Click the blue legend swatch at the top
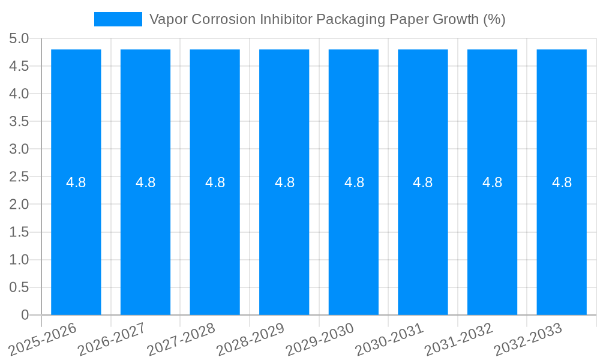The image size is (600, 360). tap(118, 19)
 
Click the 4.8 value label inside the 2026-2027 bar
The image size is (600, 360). tap(146, 182)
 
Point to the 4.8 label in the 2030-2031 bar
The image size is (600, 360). tap(423, 182)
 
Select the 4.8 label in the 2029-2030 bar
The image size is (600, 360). tap(354, 182)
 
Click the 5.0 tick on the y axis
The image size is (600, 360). tap(19, 38)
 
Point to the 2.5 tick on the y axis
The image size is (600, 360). tap(19, 176)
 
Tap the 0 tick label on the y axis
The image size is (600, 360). tap(25, 315)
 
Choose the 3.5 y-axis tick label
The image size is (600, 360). tap(19, 121)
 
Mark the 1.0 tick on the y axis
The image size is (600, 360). tap(19, 260)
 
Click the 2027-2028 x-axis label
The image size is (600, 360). tap(181, 339)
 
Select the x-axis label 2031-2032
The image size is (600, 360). tap(459, 339)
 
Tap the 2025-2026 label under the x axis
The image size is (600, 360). tap(43, 339)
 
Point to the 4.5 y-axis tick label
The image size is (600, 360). tap(19, 66)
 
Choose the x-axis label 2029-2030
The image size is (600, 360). tap(320, 339)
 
